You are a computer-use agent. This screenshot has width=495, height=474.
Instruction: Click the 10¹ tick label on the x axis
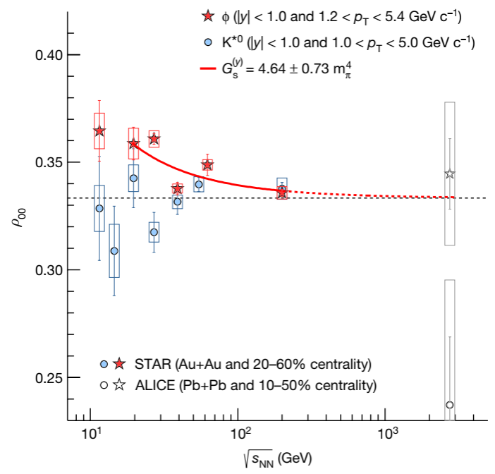coord(90,433)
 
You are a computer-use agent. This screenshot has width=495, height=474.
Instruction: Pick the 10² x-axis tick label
coord(239,433)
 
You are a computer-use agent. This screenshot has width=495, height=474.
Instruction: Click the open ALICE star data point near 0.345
coord(450,174)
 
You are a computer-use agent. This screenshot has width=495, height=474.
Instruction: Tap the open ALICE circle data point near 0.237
coord(450,405)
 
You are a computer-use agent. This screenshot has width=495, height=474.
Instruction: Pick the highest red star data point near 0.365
coord(99,131)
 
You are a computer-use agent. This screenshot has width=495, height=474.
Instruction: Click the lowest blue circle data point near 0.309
coord(114,251)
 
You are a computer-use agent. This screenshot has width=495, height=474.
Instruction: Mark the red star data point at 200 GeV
coord(282,191)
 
